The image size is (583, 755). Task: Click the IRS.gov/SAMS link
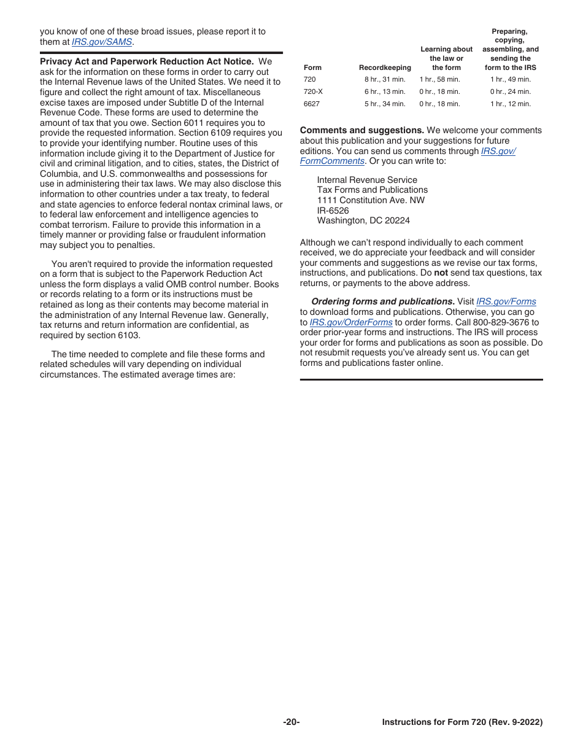click(102, 42)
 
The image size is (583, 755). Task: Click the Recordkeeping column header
click(385, 68)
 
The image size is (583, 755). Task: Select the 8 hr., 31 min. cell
click(385, 79)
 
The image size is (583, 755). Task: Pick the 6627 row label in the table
click(311, 104)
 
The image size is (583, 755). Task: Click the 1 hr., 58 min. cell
click(439, 79)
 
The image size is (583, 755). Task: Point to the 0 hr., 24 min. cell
click(511, 91)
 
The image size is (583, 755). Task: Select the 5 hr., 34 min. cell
click(385, 104)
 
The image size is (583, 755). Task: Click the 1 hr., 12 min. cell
click(511, 104)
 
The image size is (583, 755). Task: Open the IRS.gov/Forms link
click(506, 302)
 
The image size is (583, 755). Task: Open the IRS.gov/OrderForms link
click(351, 322)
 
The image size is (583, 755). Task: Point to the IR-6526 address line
click(333, 211)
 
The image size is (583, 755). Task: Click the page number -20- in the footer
click(291, 722)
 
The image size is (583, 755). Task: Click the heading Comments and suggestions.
click(362, 130)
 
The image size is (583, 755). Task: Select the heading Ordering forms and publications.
click(382, 302)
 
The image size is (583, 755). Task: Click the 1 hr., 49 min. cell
click(511, 79)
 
